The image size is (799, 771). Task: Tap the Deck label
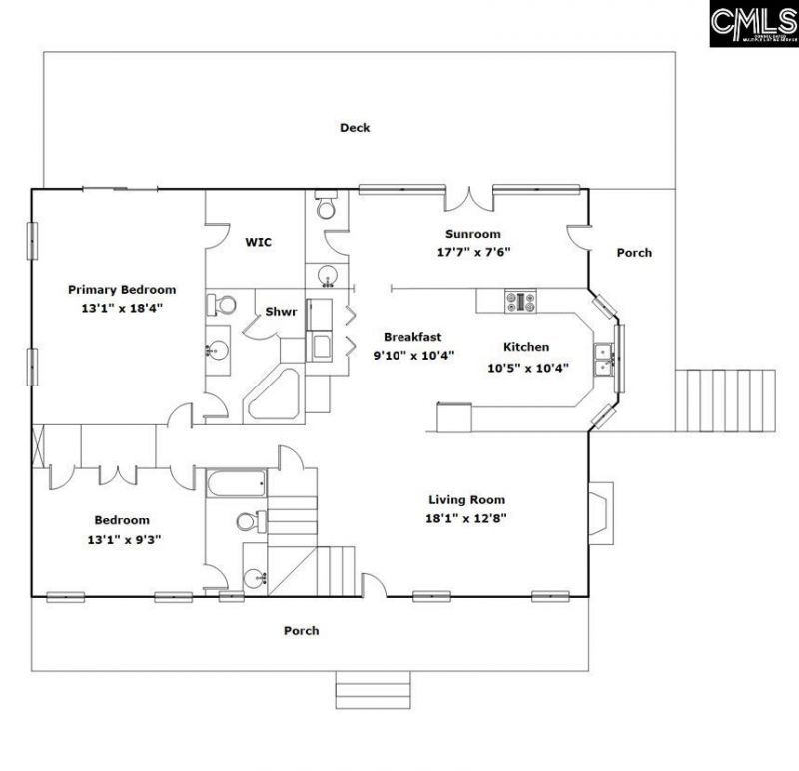pos(355,127)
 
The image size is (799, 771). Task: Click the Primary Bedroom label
pos(115,289)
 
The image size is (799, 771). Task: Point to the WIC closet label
pos(258,242)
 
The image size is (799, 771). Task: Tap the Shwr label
pos(281,313)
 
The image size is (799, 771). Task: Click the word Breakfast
pos(412,337)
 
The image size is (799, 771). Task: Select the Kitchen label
pos(525,347)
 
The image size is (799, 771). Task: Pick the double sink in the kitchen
pos(603,358)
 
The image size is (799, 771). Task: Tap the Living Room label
pos(467,499)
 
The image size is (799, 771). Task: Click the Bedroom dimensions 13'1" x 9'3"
pos(122,539)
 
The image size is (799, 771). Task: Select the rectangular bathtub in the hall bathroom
pos(236,486)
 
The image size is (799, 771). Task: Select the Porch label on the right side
pos(633,253)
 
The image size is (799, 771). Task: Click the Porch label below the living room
pos(301,630)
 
